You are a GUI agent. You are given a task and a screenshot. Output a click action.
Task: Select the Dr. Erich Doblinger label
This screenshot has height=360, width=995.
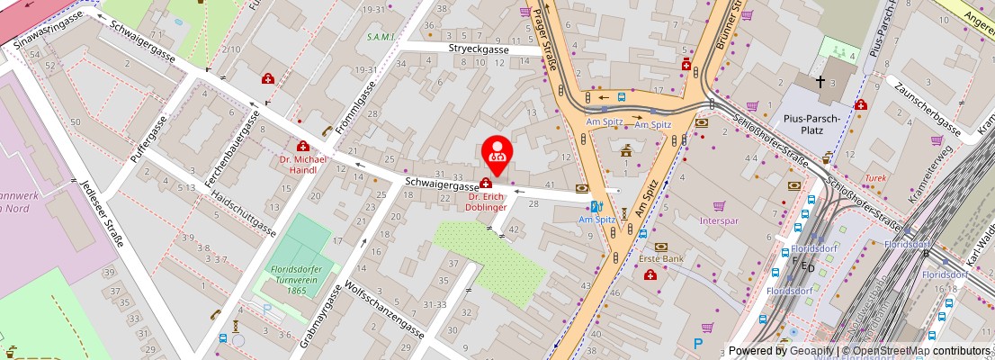pyautogui.click(x=487, y=201)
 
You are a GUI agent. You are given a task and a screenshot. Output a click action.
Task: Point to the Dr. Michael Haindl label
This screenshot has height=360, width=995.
pyautogui.click(x=303, y=164)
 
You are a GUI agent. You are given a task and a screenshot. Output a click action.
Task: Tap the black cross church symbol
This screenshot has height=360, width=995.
pyautogui.click(x=820, y=82)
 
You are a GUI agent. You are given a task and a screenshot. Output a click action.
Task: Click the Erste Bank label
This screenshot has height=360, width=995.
pyautogui.click(x=662, y=260)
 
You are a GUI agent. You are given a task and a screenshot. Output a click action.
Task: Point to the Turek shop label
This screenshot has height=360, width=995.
pyautogui.click(x=875, y=178)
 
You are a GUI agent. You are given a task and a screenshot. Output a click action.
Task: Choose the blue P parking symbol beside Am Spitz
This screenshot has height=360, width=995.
pyautogui.click(x=698, y=343)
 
